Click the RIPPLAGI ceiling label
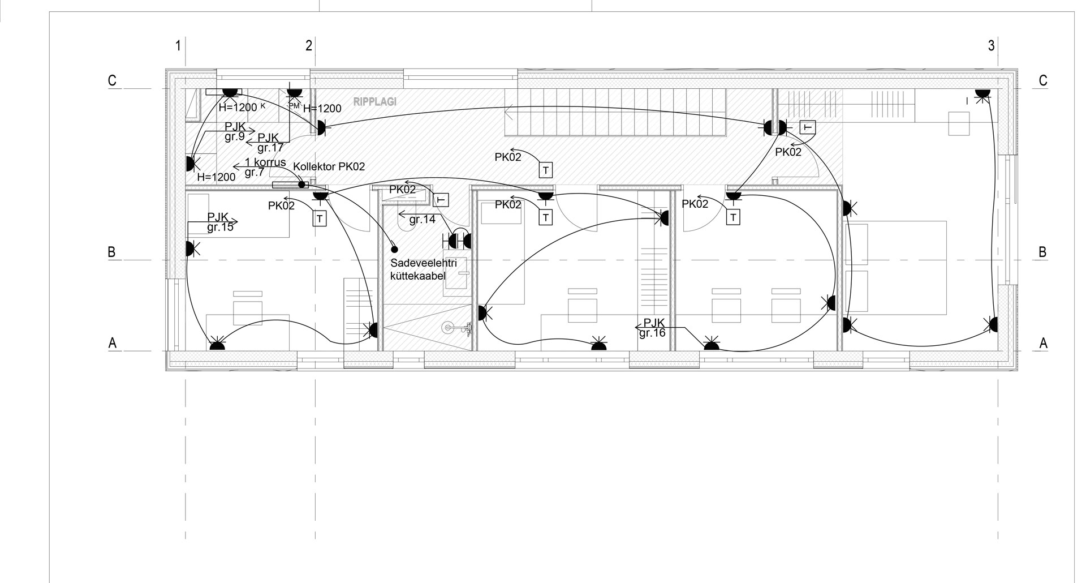(374, 102)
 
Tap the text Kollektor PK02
(329, 167)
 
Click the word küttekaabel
(418, 276)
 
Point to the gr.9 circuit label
(235, 136)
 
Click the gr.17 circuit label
(270, 148)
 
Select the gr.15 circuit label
(221, 228)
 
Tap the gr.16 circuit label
(652, 333)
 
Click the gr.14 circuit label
(422, 220)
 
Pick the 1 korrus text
(265, 162)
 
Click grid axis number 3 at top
(991, 46)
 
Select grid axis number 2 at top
(309, 46)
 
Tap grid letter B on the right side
(1042, 252)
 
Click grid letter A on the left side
(113, 343)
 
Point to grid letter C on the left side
(113, 81)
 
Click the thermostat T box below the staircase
(545, 169)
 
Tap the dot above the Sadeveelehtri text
(394, 248)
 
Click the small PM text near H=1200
(294, 106)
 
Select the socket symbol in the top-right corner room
(982, 94)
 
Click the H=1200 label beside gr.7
(216, 177)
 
